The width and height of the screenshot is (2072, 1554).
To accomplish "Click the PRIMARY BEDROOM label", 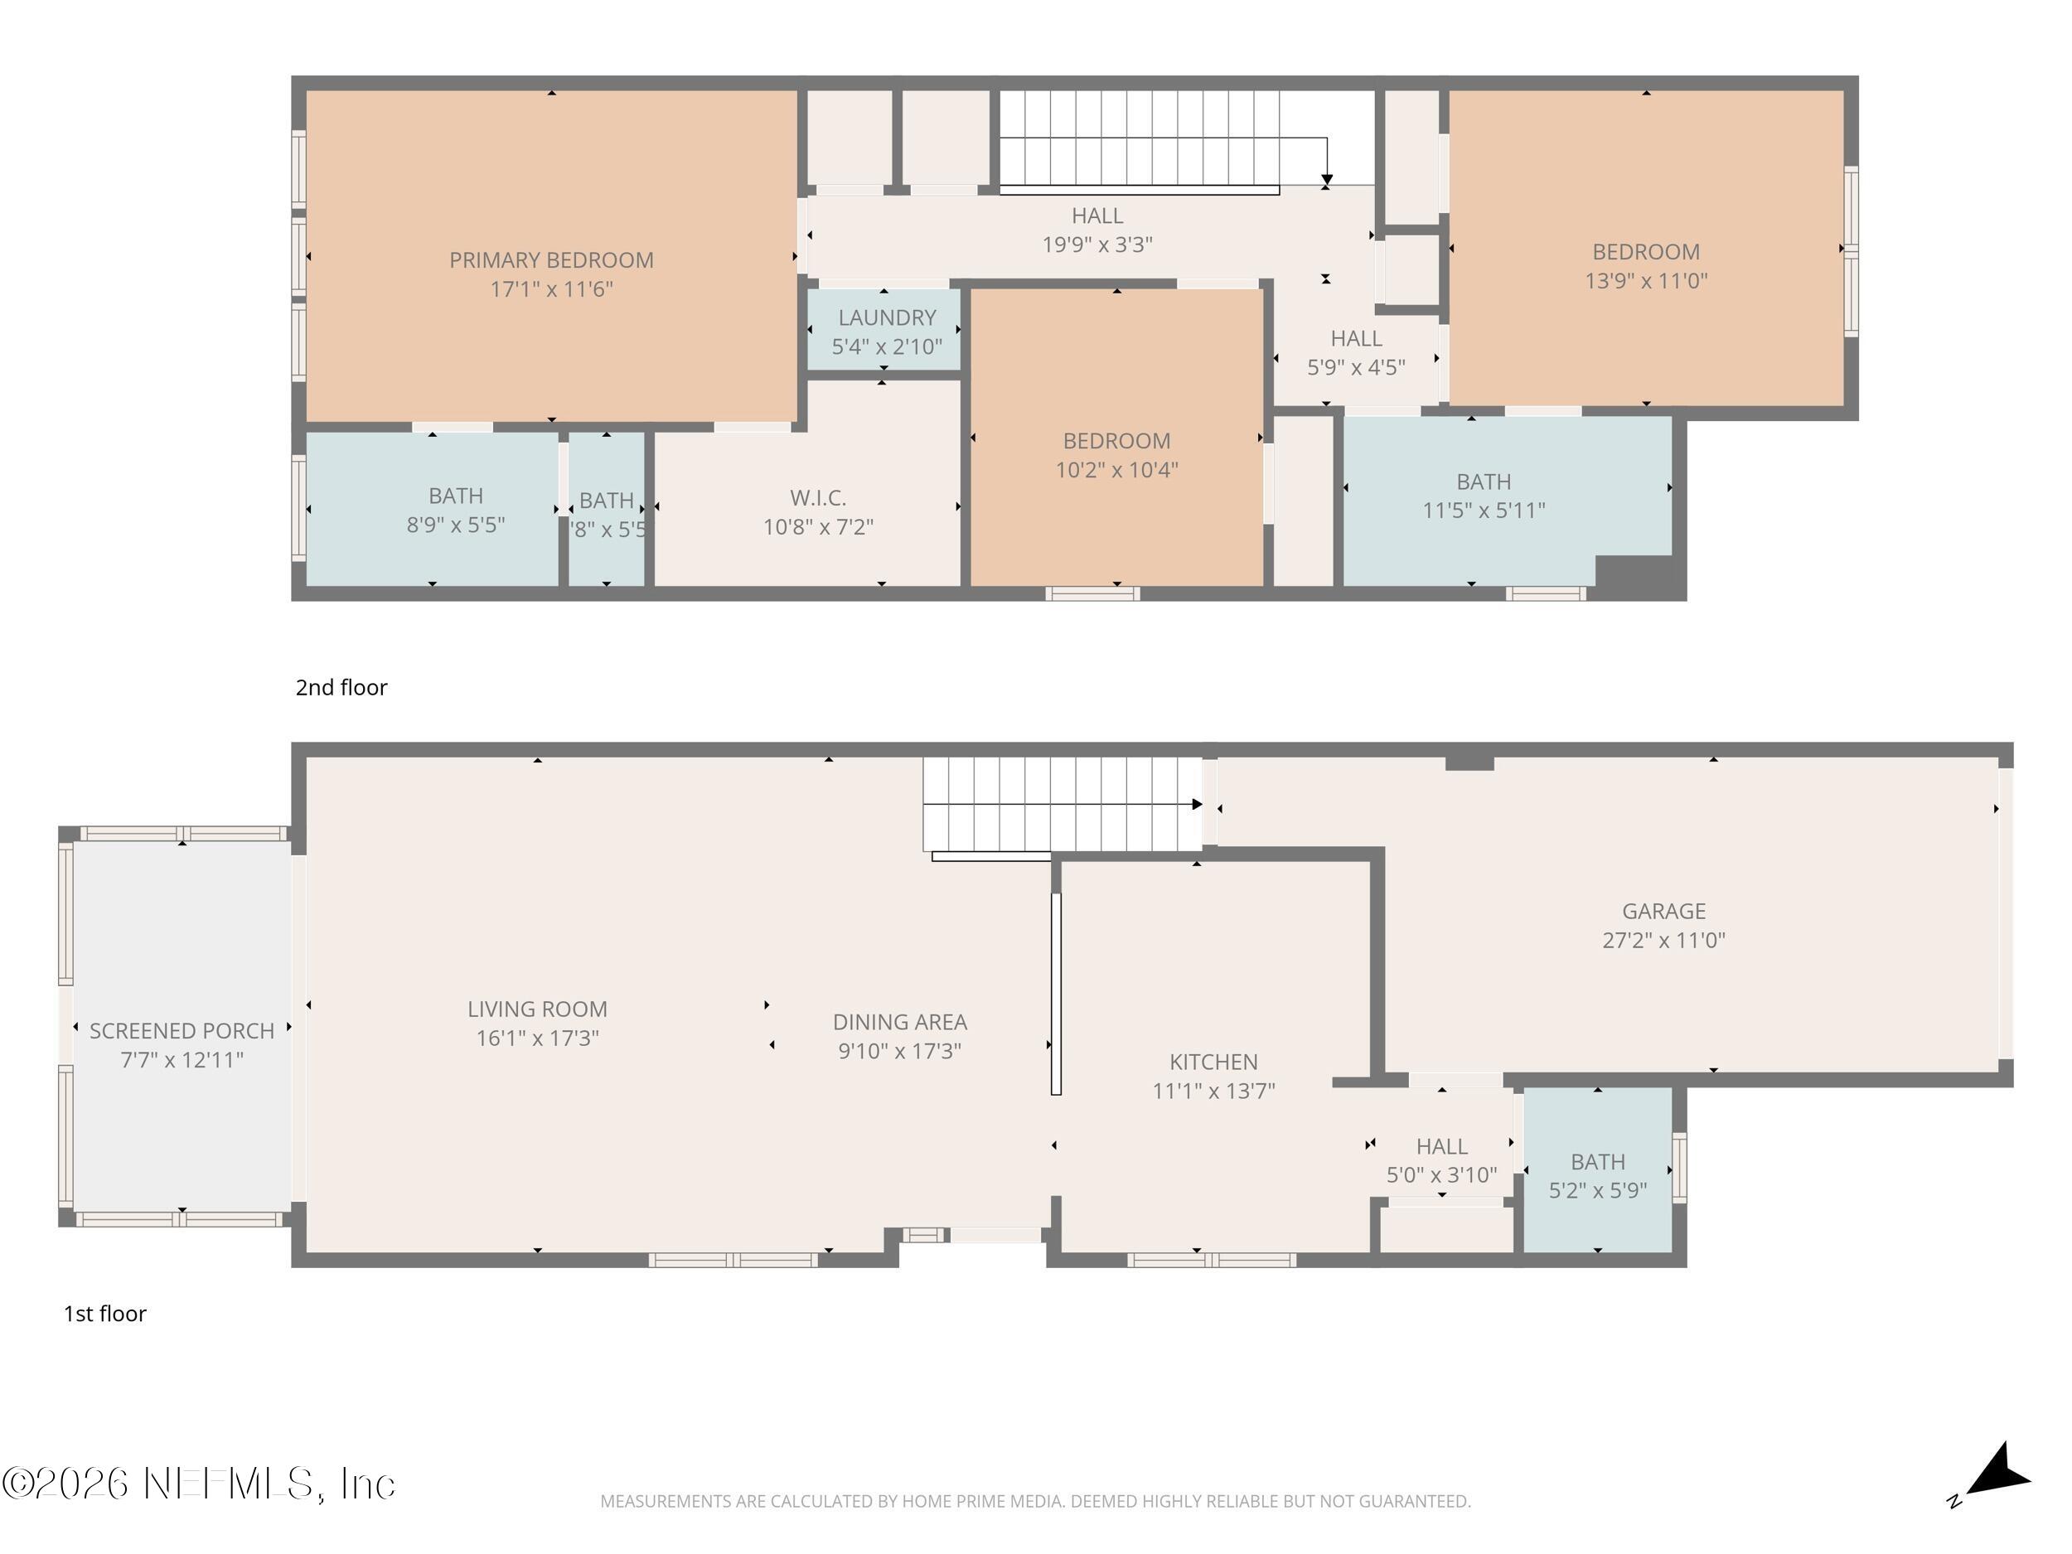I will point(551,260).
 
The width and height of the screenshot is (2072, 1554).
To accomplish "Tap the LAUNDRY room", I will point(886,331).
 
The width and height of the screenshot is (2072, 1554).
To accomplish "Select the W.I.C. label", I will point(818,497).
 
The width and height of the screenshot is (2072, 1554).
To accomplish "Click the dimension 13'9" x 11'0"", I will point(1646,281).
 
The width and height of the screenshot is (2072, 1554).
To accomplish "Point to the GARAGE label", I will point(1663,911).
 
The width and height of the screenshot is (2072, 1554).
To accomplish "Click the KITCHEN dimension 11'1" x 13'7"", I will point(1213,1091).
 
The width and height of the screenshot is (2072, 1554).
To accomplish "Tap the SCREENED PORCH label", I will point(182,1030).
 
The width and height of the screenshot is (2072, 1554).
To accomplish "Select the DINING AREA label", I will point(899,1022).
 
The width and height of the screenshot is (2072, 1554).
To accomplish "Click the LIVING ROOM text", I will point(537,1009).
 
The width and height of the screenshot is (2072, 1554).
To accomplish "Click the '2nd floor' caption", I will point(341,688).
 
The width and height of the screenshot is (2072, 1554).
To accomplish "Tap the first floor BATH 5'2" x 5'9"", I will point(1597,1175).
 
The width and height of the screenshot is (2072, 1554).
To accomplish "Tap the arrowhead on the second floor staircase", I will point(1326,179).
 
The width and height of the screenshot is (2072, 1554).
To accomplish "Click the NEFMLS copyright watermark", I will point(199,1484).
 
